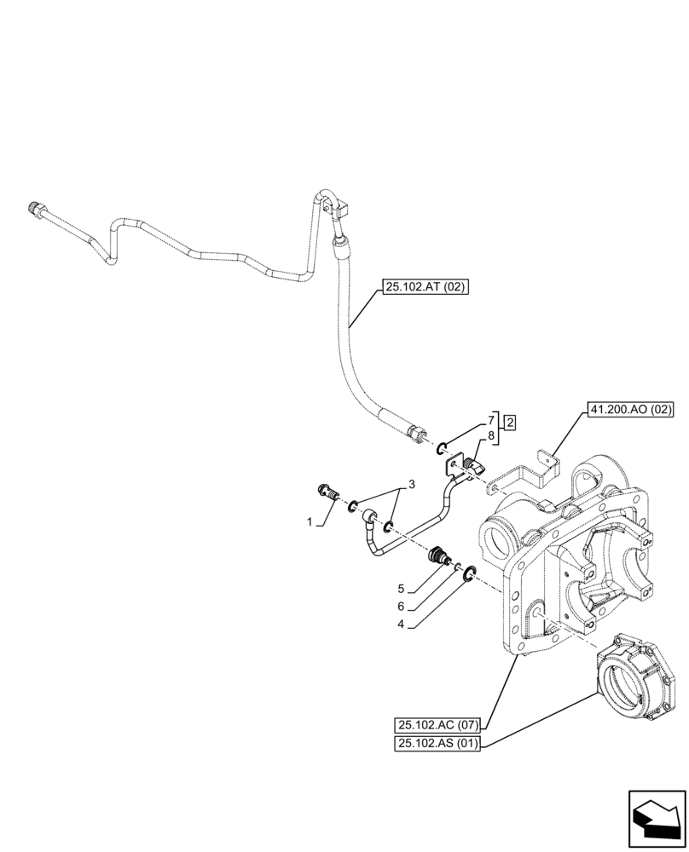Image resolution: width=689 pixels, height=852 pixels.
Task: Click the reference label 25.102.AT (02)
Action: [425, 288]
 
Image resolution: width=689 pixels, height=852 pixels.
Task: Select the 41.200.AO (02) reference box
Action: [630, 410]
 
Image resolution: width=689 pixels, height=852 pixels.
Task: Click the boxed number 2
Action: [508, 422]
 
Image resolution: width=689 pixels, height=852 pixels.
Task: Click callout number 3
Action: [412, 485]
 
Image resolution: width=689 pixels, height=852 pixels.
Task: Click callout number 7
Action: [491, 420]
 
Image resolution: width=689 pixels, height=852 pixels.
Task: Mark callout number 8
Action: [491, 436]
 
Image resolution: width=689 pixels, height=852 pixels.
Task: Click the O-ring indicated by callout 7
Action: [443, 448]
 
